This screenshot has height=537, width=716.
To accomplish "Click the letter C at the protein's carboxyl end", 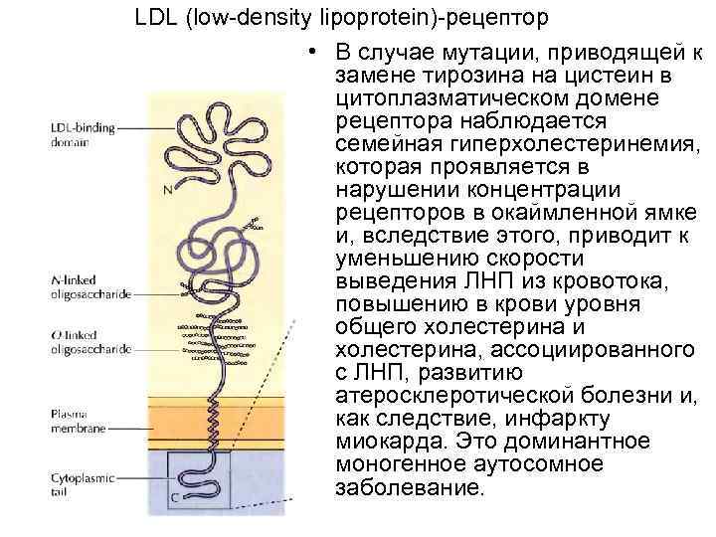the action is [x=174, y=495].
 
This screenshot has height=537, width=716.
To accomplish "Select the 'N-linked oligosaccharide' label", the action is [x=89, y=287].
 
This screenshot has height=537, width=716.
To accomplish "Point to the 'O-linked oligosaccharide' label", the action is [x=89, y=343].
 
